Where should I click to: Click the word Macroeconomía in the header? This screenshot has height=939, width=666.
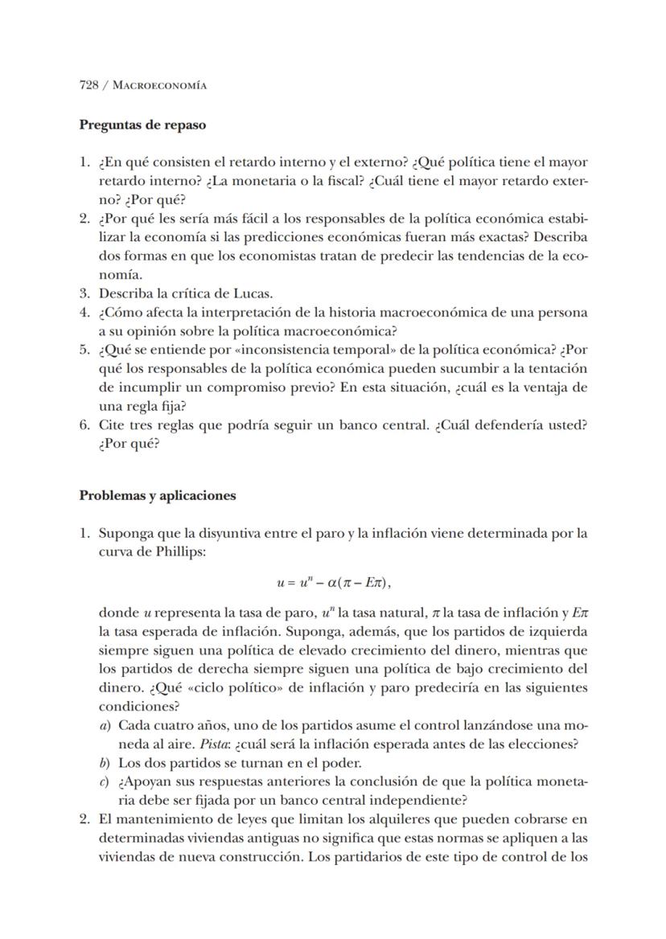[x=161, y=85]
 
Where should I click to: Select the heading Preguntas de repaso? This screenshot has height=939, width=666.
[x=142, y=125]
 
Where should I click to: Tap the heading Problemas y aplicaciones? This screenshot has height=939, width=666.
[x=157, y=495]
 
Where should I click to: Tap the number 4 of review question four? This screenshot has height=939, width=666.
[x=84, y=312]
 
